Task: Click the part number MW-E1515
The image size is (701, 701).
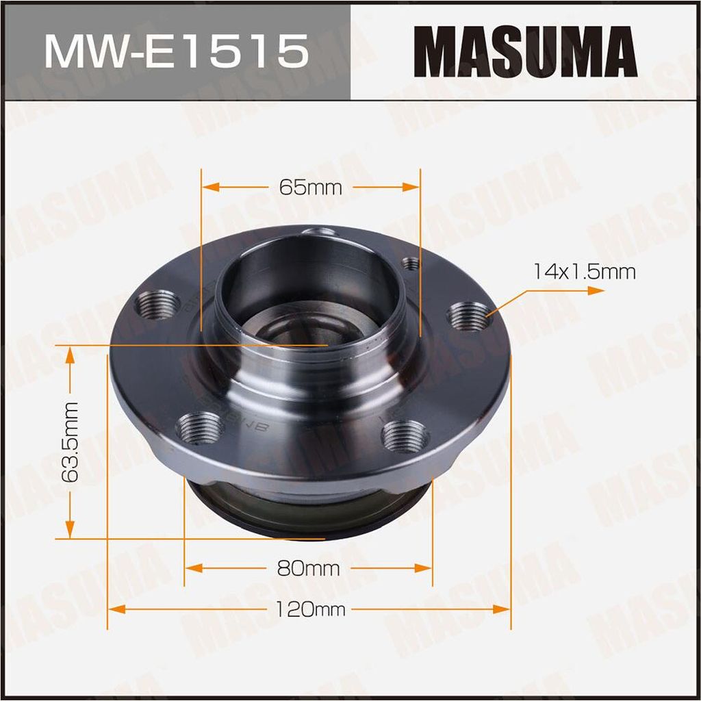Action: point(177,51)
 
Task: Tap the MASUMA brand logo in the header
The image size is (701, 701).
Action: point(525,51)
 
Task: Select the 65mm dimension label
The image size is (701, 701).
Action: point(310,188)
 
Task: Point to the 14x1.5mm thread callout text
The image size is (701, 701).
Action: point(585,271)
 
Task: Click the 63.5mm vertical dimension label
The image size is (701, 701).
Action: point(71,442)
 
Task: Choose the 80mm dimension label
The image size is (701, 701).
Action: point(308,568)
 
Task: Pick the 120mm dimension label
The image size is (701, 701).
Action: point(310,609)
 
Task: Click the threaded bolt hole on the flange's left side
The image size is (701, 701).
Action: point(157,305)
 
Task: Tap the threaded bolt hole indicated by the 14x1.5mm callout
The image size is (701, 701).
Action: point(469,316)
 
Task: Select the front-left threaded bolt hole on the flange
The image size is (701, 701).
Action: point(200,429)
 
